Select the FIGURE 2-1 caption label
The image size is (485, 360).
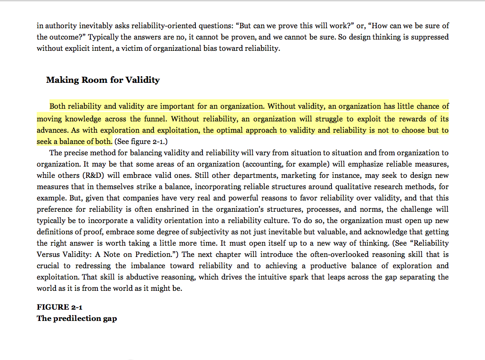60,307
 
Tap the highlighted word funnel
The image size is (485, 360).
154,119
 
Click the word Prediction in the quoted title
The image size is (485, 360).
157,255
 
